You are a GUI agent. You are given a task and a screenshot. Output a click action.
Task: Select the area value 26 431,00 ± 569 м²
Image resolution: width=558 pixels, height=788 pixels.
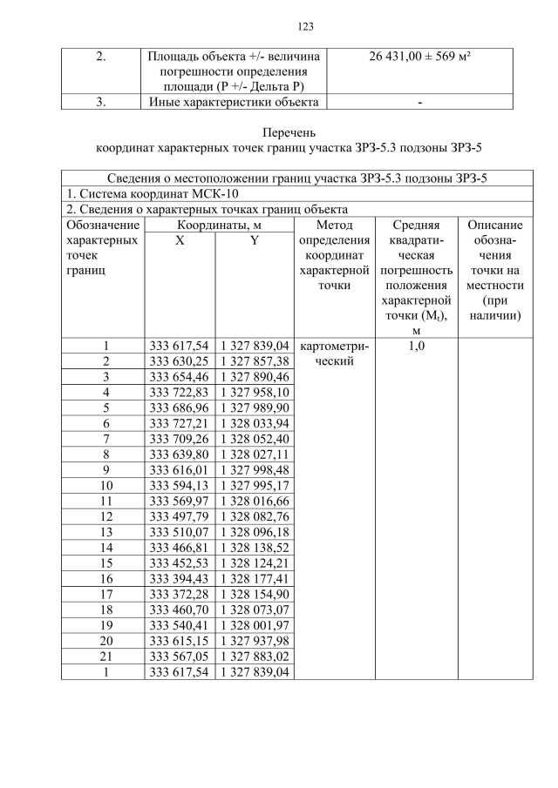click(420, 57)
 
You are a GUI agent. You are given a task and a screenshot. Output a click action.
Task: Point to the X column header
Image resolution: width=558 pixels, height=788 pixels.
click(180, 240)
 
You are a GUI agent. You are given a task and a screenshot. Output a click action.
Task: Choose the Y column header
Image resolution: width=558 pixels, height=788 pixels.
click(254, 240)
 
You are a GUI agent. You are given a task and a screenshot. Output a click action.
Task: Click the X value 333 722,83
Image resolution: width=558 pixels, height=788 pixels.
click(180, 393)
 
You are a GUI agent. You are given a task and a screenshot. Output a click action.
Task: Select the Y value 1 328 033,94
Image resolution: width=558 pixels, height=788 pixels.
click(254, 424)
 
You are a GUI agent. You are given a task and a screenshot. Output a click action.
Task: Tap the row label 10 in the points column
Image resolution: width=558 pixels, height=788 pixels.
click(105, 486)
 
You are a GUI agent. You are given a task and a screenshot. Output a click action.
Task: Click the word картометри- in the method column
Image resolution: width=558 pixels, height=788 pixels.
click(334, 347)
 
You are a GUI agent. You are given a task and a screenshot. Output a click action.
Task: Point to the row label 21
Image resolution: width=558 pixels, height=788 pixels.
click(105, 657)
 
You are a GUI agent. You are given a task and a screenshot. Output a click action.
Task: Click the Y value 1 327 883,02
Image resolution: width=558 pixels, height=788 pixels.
click(254, 657)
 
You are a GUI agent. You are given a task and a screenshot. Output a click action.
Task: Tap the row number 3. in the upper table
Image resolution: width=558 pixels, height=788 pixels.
click(101, 102)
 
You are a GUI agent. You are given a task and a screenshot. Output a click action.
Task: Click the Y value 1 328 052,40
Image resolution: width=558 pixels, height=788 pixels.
click(254, 440)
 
